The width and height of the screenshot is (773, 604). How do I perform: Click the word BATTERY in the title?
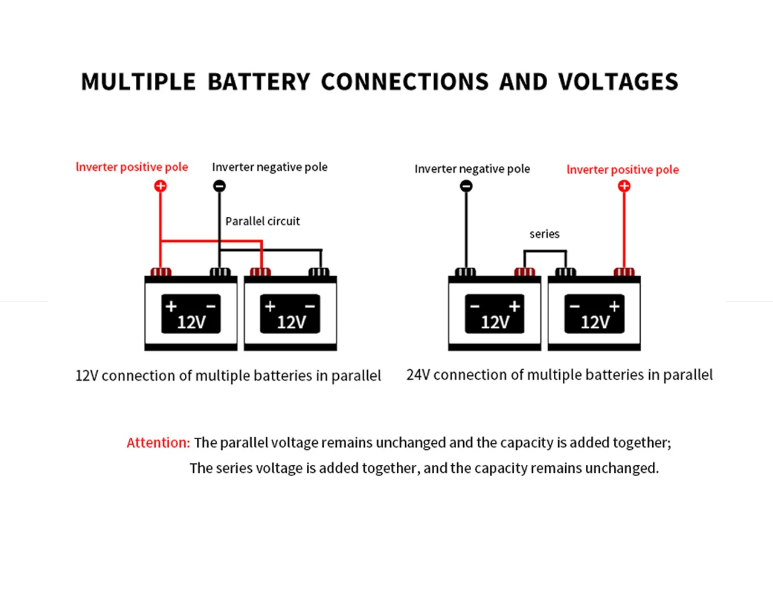(x=258, y=82)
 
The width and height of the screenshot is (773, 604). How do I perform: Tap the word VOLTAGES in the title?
(x=618, y=82)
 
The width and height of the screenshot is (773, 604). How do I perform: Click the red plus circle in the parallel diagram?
(x=161, y=185)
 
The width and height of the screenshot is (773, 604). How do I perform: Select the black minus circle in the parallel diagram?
(x=219, y=185)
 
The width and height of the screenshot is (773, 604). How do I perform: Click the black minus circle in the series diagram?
(x=466, y=185)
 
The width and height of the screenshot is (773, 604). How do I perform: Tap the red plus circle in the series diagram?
(x=624, y=185)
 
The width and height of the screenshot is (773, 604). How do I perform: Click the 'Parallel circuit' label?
(x=263, y=221)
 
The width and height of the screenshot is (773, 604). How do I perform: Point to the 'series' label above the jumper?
(x=544, y=234)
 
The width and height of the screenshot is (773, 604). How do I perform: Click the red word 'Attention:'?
(x=158, y=443)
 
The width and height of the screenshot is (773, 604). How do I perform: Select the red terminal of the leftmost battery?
(x=161, y=272)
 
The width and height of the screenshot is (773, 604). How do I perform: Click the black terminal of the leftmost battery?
(x=220, y=272)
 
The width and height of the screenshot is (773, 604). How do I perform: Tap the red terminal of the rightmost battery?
(x=624, y=272)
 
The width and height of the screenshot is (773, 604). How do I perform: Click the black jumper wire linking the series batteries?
(x=545, y=251)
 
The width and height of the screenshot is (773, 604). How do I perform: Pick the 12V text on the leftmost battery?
(x=191, y=323)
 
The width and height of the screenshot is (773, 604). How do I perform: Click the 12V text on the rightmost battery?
(x=595, y=323)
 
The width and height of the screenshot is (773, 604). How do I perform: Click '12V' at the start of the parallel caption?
(x=86, y=376)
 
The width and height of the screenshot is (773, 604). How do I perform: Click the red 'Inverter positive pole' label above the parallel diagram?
(x=132, y=167)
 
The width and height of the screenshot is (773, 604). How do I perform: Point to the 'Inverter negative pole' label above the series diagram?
(x=472, y=169)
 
